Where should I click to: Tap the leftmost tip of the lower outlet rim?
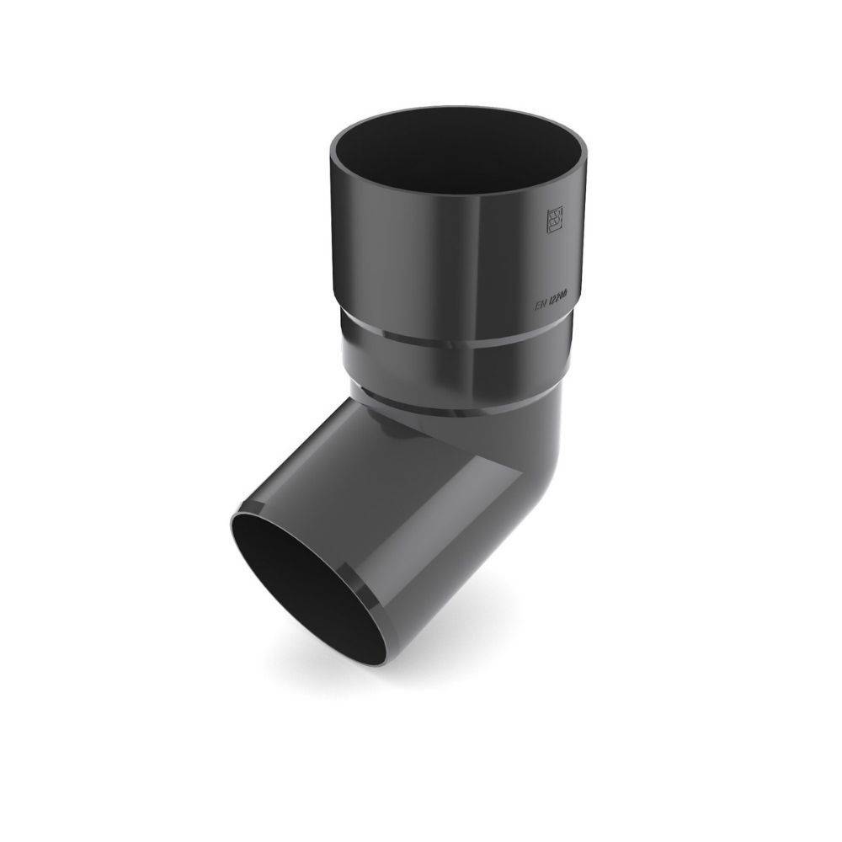pyautogui.click(x=229, y=526)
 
